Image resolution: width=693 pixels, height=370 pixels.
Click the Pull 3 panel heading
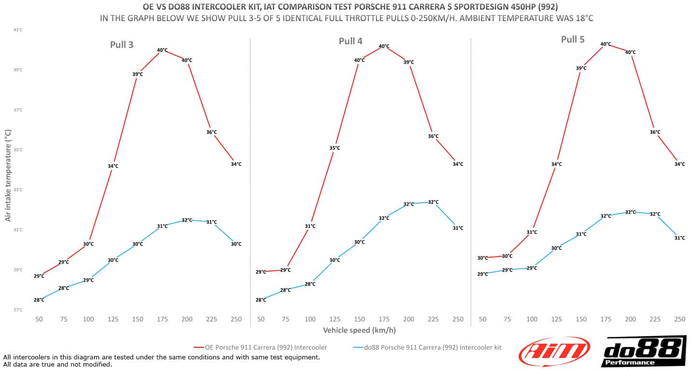pos(122,45)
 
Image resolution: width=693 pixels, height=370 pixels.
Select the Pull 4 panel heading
pos(350,41)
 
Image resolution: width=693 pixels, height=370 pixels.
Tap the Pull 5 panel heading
pos(572,40)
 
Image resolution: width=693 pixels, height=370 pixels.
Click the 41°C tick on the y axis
pos(18,30)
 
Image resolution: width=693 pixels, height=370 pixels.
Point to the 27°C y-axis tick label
pos(18,310)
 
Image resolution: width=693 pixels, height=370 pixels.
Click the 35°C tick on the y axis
pos(18,150)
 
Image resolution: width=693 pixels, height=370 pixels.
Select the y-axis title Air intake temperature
pos(8,175)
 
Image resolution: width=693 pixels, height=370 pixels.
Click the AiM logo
pos(554,352)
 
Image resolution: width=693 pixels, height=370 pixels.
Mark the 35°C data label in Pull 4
pos(335,148)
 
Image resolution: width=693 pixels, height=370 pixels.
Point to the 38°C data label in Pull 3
pos(138,74)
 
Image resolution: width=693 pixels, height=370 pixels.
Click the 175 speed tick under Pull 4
pos(384,319)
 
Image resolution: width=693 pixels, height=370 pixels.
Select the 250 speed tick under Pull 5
pos(679,319)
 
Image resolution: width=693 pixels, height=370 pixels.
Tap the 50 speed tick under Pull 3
pos(39,319)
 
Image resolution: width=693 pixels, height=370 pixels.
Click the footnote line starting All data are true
pos(57,364)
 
